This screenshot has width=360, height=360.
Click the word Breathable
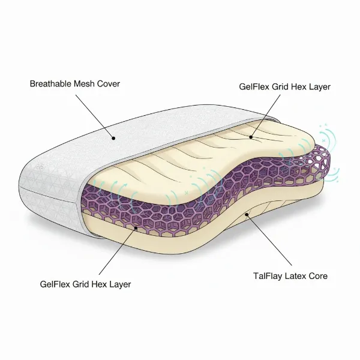[50, 83]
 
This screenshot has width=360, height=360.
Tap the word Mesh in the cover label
[84, 83]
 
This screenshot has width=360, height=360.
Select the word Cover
[109, 83]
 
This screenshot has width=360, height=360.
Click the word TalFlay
[268, 276]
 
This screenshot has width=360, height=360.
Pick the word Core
[318, 276]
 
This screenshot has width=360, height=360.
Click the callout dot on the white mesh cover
[113, 138]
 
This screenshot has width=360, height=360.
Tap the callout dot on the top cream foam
[251, 137]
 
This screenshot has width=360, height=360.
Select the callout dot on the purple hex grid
[136, 228]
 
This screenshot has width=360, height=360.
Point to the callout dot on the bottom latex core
[247, 214]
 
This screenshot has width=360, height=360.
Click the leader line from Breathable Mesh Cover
[94, 116]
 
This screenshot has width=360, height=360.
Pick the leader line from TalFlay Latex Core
[269, 240]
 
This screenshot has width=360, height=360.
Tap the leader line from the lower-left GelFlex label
[118, 251]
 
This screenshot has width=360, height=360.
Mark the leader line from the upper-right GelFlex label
[266, 116]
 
